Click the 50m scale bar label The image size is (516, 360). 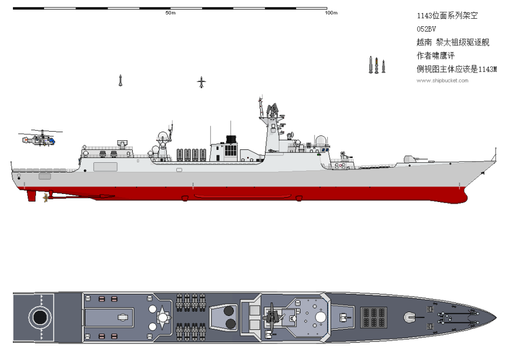170,13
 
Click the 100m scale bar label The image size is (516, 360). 331,13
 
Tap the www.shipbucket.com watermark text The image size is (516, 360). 442,81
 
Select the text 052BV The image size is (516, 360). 426,29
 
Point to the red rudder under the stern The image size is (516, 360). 31,196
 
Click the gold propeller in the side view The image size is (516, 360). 46,197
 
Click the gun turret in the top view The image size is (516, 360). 410,317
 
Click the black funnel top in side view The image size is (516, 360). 232,140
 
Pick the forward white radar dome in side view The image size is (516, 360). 320,140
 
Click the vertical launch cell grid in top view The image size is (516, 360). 374,317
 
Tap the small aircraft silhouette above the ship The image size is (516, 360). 202,82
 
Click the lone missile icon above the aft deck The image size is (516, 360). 120,81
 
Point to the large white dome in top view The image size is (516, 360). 320,317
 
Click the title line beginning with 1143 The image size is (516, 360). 447,16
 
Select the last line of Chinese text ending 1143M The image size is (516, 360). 457,69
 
